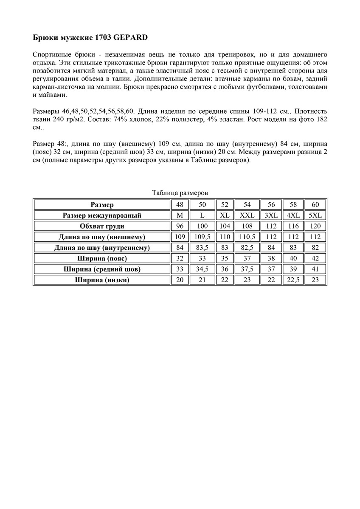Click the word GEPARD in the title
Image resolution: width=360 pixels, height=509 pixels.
130,38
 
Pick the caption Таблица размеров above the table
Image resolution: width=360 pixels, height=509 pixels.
180,193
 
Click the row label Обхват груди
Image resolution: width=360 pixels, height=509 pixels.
102,226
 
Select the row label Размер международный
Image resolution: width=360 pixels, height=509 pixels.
102,215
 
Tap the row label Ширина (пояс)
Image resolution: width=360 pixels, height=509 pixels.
102,258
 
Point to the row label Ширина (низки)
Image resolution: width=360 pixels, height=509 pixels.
102,280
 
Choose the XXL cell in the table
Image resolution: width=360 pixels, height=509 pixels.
247,215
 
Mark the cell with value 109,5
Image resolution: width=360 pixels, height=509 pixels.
202,237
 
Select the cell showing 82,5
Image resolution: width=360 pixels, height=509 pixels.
247,248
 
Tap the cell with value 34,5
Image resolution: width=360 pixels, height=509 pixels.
202,269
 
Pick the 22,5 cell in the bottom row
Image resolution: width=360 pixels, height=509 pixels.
293,280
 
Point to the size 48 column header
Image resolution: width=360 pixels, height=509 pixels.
180,205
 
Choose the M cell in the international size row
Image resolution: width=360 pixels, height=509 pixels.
180,215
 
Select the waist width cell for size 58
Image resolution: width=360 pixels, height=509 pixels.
293,258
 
